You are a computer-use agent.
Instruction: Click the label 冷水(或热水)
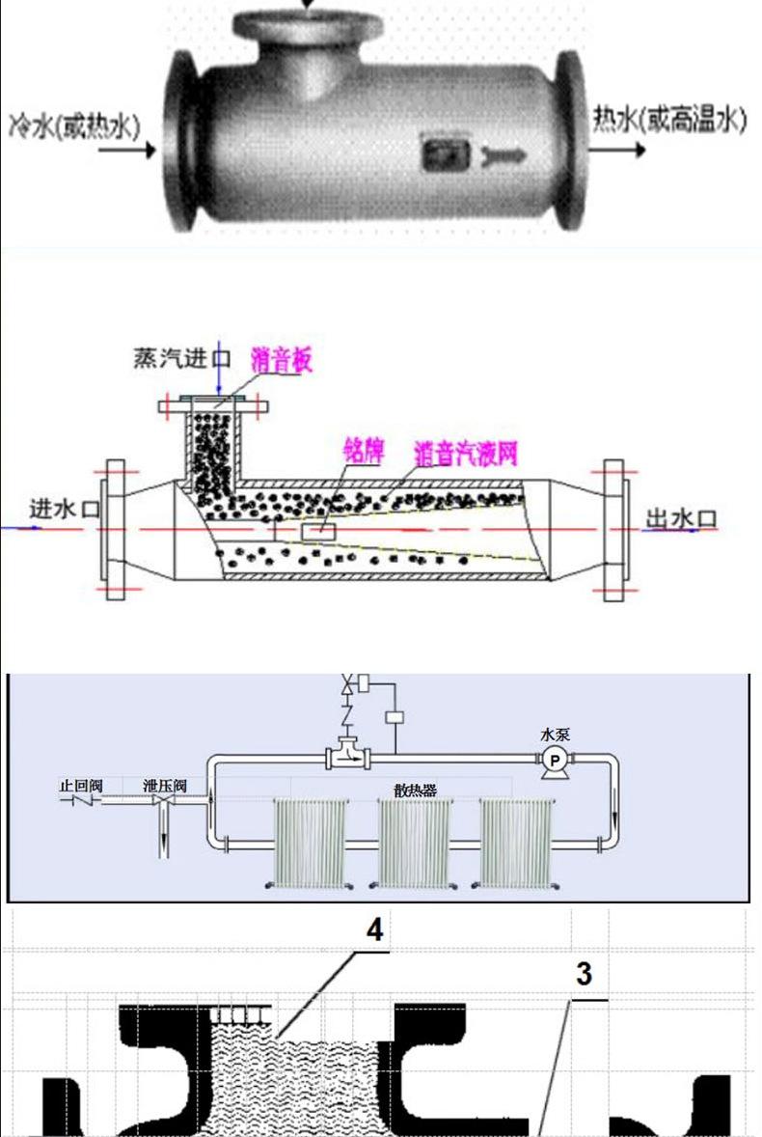tap(73, 125)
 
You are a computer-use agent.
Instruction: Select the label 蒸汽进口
tap(182, 359)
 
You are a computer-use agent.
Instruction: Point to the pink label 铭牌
tap(363, 450)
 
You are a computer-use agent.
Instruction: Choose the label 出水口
tap(681, 520)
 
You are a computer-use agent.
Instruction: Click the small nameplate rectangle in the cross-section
tap(318, 532)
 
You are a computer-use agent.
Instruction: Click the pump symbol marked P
tap(555, 760)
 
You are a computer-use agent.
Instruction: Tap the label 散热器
tap(416, 790)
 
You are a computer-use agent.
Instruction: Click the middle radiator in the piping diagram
tap(414, 841)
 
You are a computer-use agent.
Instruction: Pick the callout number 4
tap(373, 929)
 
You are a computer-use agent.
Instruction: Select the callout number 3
tap(584, 974)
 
